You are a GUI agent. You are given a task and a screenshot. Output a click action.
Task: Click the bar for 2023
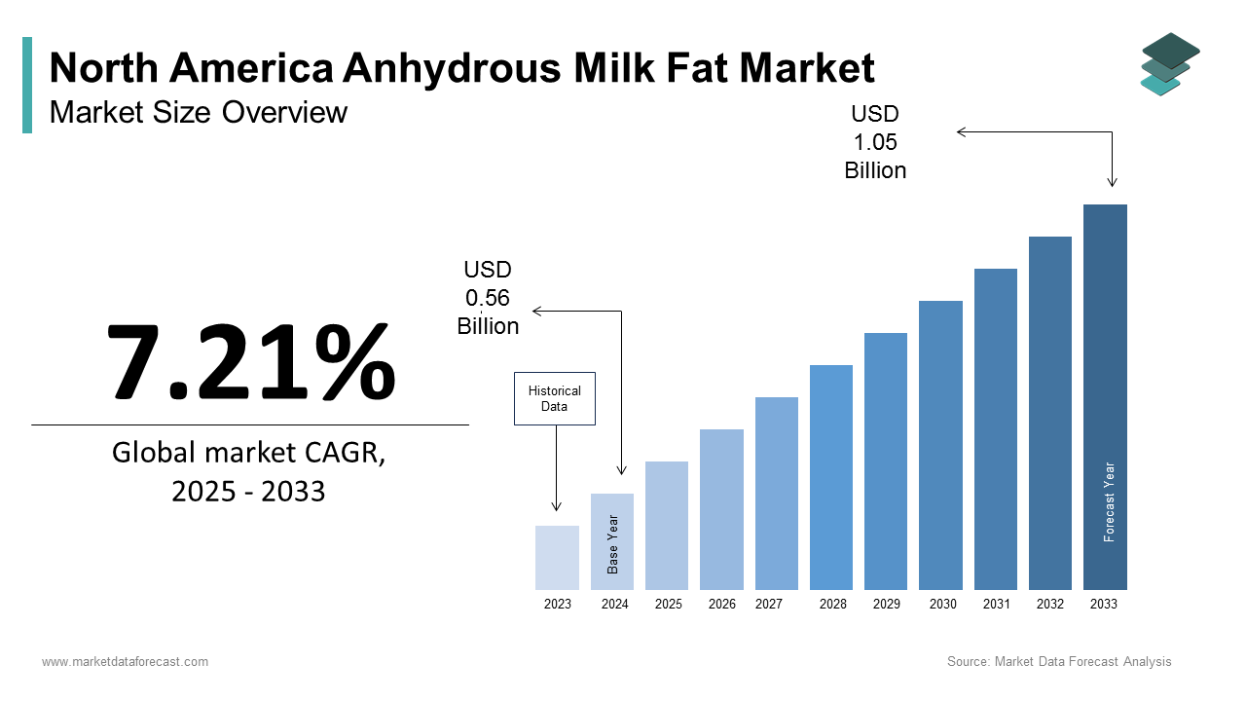point(557,558)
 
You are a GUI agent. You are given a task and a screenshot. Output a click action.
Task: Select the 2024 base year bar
point(612,541)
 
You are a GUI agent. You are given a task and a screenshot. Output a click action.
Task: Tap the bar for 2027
point(776,494)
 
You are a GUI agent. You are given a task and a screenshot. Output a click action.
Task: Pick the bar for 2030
point(940,445)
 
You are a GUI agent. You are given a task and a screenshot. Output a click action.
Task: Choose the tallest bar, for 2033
point(1105,397)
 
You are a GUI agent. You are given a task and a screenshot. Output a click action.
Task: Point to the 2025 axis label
point(668,605)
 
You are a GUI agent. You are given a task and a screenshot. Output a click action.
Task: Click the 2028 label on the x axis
point(832,605)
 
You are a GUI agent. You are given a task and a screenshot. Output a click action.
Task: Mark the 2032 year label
point(1049,605)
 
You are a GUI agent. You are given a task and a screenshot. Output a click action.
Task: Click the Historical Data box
point(554,398)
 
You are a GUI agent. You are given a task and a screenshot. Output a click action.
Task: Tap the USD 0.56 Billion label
point(488,298)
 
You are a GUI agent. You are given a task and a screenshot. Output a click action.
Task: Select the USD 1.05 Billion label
point(875,142)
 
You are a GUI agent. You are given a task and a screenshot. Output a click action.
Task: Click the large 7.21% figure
point(250,362)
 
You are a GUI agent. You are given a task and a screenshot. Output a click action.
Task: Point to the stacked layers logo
point(1169,63)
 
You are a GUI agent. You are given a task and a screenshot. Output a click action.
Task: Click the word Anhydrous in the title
point(453,69)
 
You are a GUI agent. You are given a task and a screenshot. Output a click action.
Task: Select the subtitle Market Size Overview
point(198,113)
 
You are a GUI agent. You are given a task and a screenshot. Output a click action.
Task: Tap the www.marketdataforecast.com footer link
point(125,662)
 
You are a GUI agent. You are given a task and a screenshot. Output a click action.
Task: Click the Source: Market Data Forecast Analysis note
point(1059,662)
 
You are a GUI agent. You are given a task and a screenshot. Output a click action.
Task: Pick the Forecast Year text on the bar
point(1109,501)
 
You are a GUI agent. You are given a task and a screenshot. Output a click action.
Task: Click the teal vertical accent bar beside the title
point(27,85)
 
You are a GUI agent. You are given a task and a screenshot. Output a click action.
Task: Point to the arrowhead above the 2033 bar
point(1112,182)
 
